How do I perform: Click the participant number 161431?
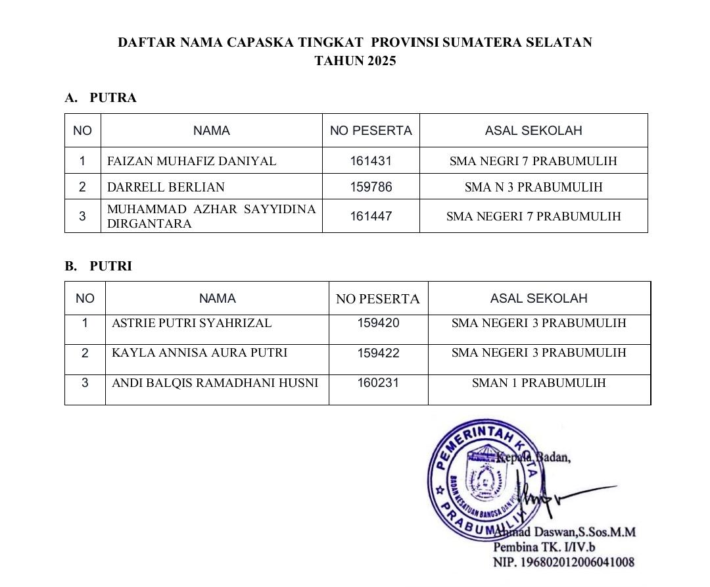tap(371, 161)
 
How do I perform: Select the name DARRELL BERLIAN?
tap(166, 188)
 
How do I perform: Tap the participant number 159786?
tap(371, 188)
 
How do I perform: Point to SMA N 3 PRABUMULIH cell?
tap(533, 188)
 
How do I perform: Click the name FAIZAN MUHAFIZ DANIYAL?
tap(191, 161)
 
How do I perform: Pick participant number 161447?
tap(371, 216)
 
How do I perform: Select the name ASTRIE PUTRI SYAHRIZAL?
tap(191, 323)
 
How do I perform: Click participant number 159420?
tap(378, 323)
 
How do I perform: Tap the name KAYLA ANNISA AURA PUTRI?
tap(199, 353)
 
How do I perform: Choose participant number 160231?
tap(378, 382)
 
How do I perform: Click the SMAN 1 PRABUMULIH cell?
tap(538, 383)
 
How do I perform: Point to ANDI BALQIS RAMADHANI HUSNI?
tap(215, 383)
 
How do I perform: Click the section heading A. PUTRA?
tap(101, 98)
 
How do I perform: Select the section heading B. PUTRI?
tap(98, 267)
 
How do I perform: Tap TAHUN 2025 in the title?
tap(355, 61)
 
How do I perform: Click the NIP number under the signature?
tap(563, 562)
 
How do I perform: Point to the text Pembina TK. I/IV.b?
tap(544, 547)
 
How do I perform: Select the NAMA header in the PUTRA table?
tap(212, 131)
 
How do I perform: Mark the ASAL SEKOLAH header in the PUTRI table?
tap(538, 299)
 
